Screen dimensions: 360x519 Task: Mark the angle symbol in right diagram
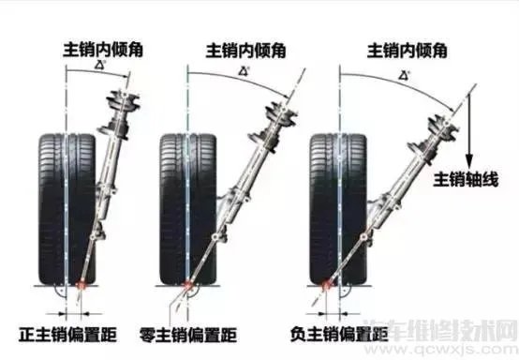pos(405,72)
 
